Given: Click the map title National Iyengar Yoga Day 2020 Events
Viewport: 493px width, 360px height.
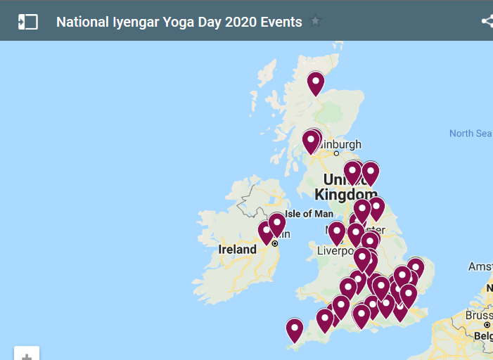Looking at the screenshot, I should point(179,22).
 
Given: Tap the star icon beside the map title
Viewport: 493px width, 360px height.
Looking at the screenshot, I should point(315,21).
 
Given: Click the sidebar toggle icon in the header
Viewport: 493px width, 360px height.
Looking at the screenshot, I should point(27,22).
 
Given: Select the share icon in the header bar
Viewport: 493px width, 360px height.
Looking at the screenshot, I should point(487,22).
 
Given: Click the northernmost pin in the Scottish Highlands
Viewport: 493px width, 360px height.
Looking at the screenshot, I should point(316,83).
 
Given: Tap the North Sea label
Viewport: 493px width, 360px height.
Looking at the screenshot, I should point(470,134).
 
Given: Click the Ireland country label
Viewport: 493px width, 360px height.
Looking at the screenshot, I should point(237,250).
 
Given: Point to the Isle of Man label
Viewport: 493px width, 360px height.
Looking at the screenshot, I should point(309,214).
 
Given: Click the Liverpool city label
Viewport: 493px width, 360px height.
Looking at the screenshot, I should point(338,251).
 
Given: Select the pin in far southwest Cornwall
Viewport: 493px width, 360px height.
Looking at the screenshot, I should point(295,329).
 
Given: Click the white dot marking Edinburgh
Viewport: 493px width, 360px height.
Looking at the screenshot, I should point(336,153).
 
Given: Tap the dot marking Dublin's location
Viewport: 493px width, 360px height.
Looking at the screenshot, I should point(275,243).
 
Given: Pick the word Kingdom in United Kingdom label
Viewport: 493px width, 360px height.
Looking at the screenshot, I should point(346,195).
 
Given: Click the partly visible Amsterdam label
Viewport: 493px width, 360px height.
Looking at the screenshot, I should point(480,266).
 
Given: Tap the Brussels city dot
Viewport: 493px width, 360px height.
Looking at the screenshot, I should point(487,326).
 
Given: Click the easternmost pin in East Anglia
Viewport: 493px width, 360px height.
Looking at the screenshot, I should point(416,268).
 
